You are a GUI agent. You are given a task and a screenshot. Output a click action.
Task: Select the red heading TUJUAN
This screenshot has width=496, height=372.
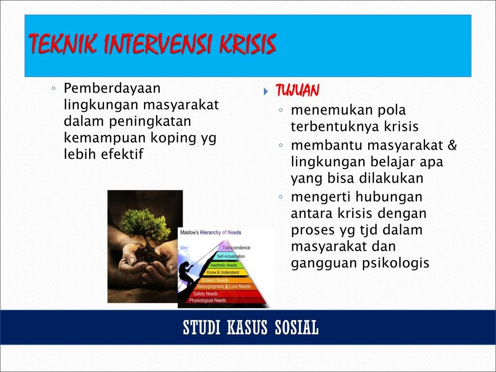coord(297,91)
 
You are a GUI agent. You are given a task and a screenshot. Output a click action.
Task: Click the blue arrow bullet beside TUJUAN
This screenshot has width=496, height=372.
coord(266,92)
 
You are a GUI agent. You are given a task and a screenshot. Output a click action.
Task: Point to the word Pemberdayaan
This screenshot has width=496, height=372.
coord(112,88)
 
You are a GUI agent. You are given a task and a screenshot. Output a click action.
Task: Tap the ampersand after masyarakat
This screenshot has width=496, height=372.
coord(452,145)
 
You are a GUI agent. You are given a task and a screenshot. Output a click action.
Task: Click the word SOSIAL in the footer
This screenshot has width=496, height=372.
coord(296,327)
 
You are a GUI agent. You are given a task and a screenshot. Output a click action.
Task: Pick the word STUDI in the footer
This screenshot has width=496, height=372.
coord(201,327)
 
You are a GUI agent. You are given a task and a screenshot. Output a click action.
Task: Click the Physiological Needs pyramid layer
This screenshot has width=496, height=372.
coord(221,300)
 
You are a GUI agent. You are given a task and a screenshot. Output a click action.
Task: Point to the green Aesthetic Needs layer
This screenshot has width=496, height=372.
coord(224,265)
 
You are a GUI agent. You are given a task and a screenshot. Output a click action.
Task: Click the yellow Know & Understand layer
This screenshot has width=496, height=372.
coord(223,272)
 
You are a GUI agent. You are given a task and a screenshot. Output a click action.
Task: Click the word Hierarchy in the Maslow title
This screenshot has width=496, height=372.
coord(210,232)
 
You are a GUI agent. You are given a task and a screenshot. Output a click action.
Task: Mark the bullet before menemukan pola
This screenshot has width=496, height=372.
coord(280,110)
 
